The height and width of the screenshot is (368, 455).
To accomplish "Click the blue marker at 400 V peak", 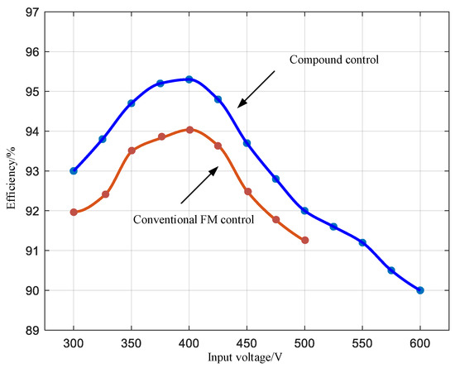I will (x=189, y=79).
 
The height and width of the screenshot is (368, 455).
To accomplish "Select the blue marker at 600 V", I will (x=420, y=290).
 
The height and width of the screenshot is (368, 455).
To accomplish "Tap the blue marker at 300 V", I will (x=74, y=171).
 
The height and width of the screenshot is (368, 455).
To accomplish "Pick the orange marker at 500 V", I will (x=305, y=240).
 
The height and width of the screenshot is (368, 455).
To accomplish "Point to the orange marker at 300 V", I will (x=74, y=212).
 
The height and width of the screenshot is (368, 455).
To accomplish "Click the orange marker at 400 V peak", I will (x=189, y=130).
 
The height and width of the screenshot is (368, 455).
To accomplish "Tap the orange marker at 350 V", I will (x=132, y=151).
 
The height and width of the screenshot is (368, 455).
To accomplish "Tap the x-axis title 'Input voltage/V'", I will (x=247, y=358).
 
